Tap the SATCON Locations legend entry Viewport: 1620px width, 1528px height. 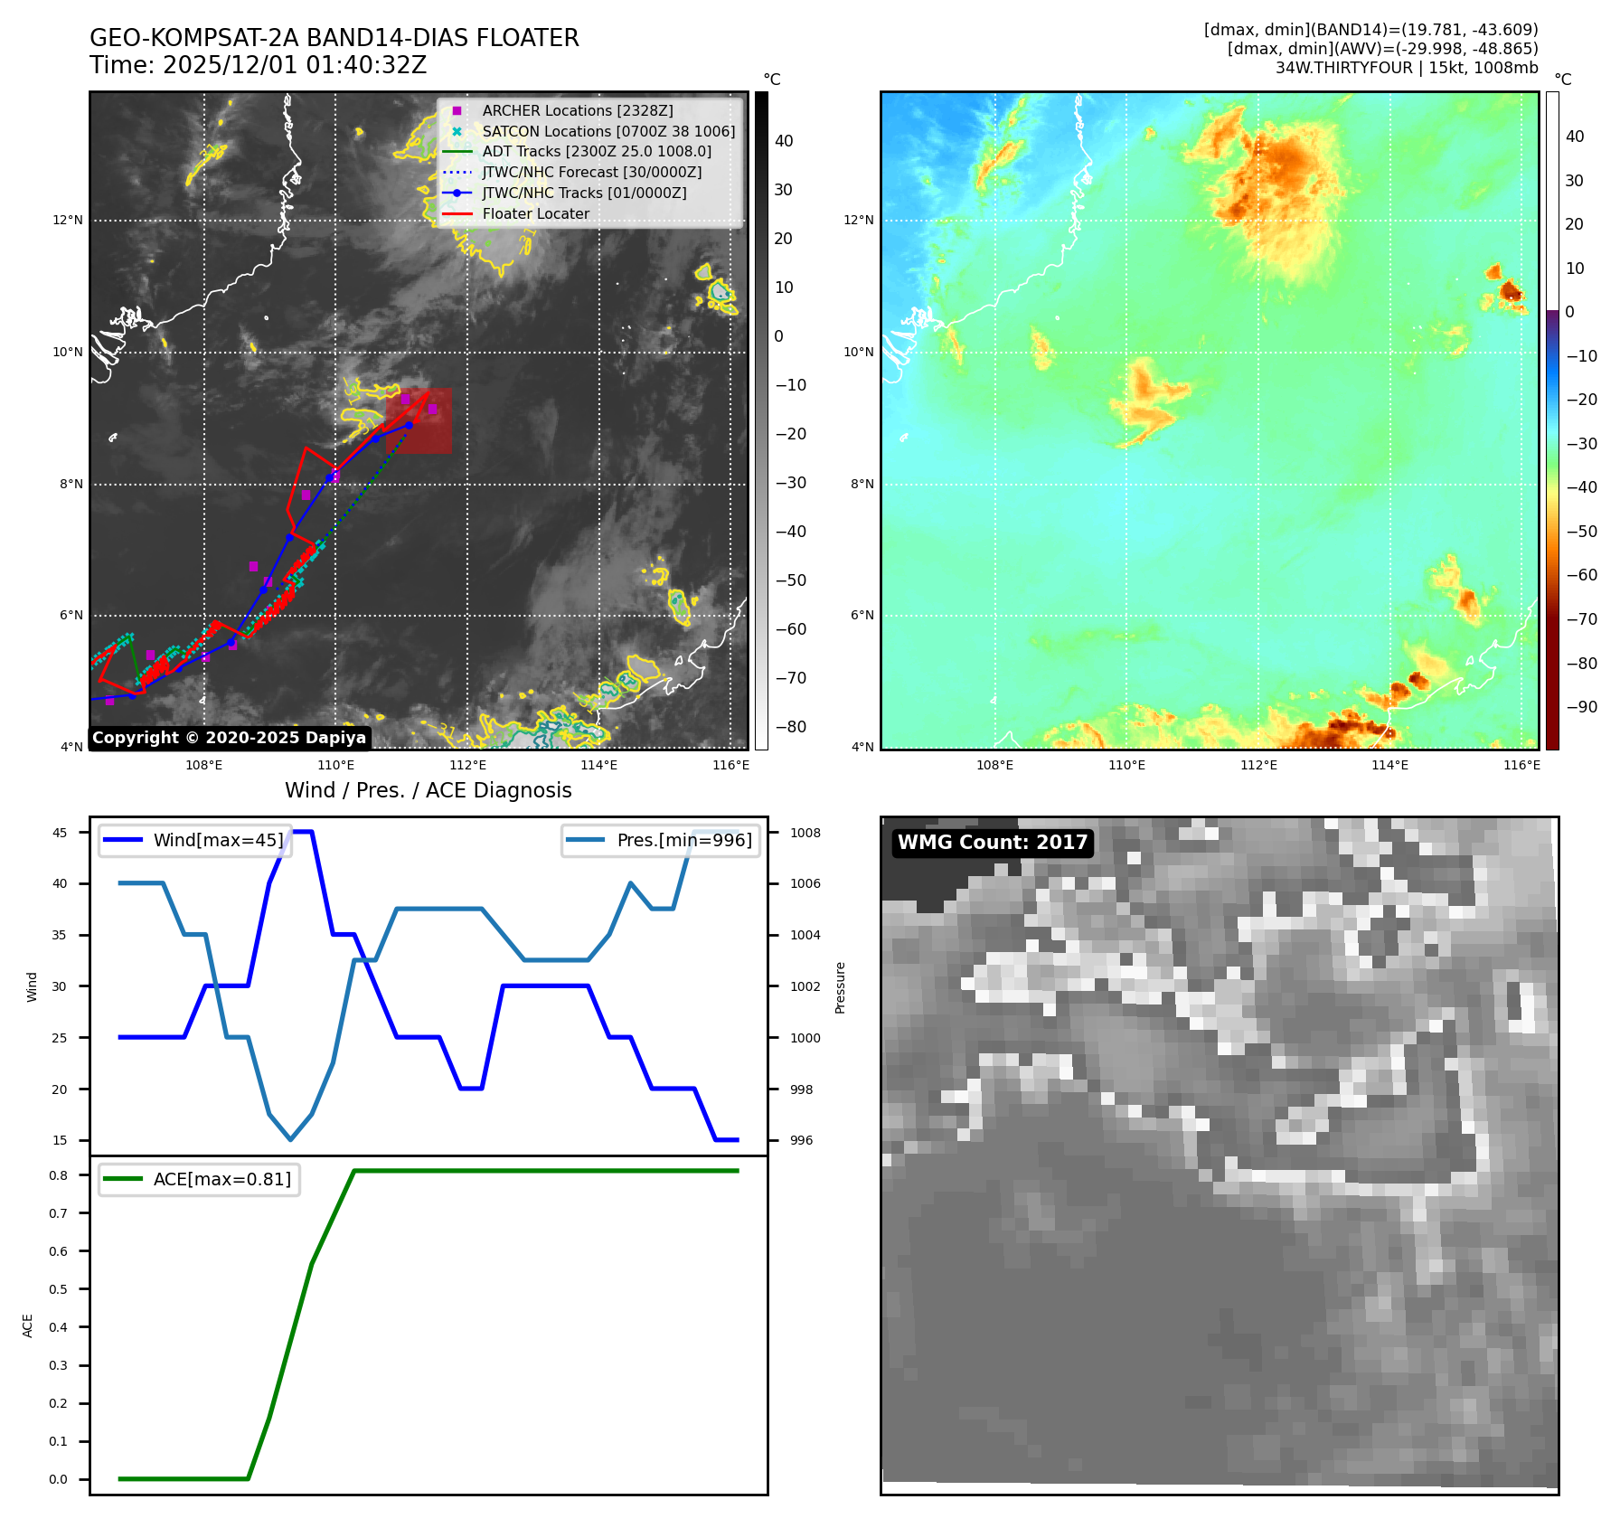click(607, 131)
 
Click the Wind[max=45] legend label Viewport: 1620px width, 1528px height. click(218, 840)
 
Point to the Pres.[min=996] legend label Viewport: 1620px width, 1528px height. click(684, 840)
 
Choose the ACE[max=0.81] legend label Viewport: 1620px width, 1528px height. click(222, 1179)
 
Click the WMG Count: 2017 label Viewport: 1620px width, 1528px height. click(992, 843)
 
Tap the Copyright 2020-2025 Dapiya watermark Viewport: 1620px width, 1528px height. click(229, 738)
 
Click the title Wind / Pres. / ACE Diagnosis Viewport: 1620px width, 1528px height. click(428, 790)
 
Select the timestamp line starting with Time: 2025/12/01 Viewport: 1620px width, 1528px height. click(258, 65)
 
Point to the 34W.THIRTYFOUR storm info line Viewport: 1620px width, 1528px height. click(1406, 68)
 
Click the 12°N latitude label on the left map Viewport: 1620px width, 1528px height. click(68, 220)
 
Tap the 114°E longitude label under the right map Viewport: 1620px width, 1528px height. click(1389, 765)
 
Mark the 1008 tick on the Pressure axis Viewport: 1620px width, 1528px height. click(805, 833)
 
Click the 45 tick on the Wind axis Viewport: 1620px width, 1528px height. click(60, 833)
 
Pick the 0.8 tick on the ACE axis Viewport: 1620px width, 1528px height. click(59, 1175)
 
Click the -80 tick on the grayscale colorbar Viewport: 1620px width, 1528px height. click(790, 727)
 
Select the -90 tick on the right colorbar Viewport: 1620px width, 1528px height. click(1581, 707)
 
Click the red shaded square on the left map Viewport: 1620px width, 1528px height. click(419, 420)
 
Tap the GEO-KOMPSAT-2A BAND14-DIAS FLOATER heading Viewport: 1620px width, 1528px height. click(334, 38)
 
